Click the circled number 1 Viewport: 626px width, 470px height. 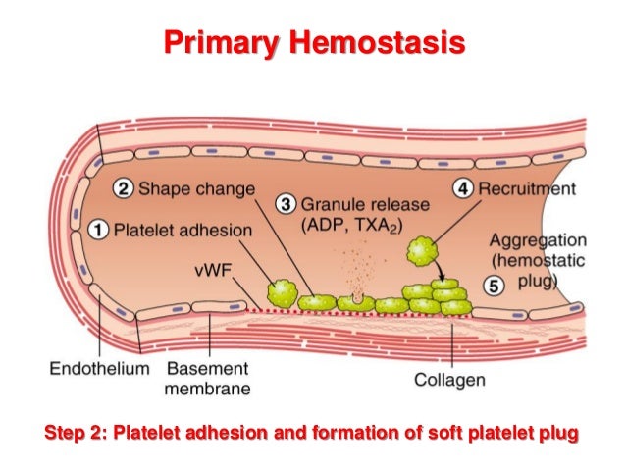coord(98,230)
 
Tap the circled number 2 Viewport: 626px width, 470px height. coord(123,188)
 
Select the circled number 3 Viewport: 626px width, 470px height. coord(286,204)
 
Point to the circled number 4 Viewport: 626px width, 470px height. coord(463,188)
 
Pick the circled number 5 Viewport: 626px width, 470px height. coord(494,287)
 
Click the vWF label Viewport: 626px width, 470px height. coord(213,271)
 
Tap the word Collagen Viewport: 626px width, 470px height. coord(449,380)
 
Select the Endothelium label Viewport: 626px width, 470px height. coord(99,368)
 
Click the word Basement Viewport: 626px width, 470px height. coord(208,368)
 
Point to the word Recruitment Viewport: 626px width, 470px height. coord(527,188)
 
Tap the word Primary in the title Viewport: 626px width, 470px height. coord(221,44)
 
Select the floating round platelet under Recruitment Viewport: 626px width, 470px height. coord(422,251)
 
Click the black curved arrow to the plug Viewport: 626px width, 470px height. coord(440,271)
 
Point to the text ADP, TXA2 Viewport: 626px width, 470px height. coord(351,226)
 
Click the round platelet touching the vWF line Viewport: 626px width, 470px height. coord(283,293)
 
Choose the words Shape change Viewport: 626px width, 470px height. coord(196,188)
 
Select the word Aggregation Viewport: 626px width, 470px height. coord(538,241)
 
